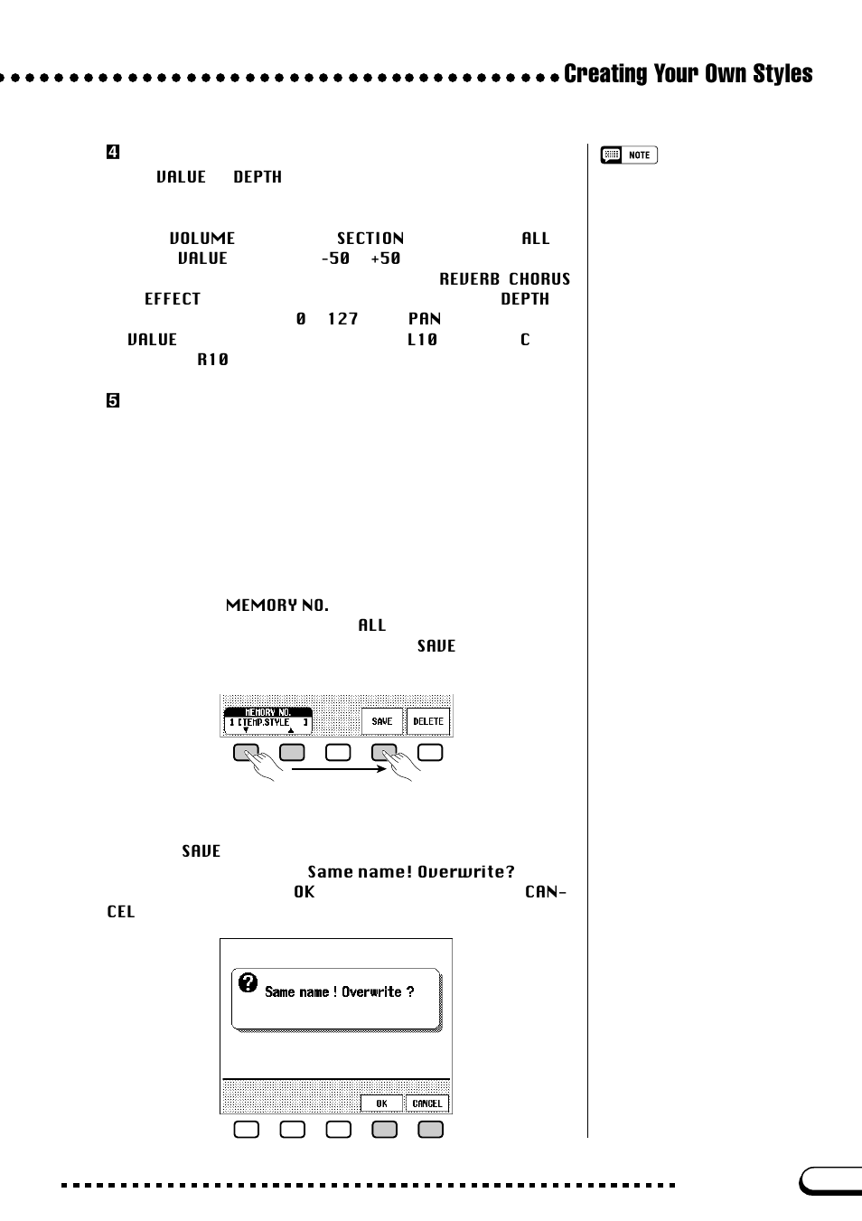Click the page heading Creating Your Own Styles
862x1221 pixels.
click(688, 74)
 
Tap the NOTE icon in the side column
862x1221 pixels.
click(629, 155)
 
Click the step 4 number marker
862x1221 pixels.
click(113, 152)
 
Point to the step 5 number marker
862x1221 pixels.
click(113, 400)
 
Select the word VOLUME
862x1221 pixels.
click(202, 239)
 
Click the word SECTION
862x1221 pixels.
click(370, 239)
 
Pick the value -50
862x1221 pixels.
click(335, 258)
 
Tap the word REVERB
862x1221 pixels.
click(469, 279)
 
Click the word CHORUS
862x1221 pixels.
click(539, 279)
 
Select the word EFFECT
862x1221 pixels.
click(173, 299)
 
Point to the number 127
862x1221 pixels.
click(343, 319)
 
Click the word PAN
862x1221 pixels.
click(425, 319)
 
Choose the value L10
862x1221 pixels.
click(422, 340)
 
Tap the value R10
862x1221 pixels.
click(213, 360)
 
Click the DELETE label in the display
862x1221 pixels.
click(428, 721)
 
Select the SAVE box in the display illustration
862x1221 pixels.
click(382, 721)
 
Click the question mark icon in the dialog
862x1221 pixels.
click(248, 982)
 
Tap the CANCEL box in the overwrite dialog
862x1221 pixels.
click(427, 1104)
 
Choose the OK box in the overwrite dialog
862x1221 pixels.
click(381, 1104)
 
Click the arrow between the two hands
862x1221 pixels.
click(339, 769)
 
